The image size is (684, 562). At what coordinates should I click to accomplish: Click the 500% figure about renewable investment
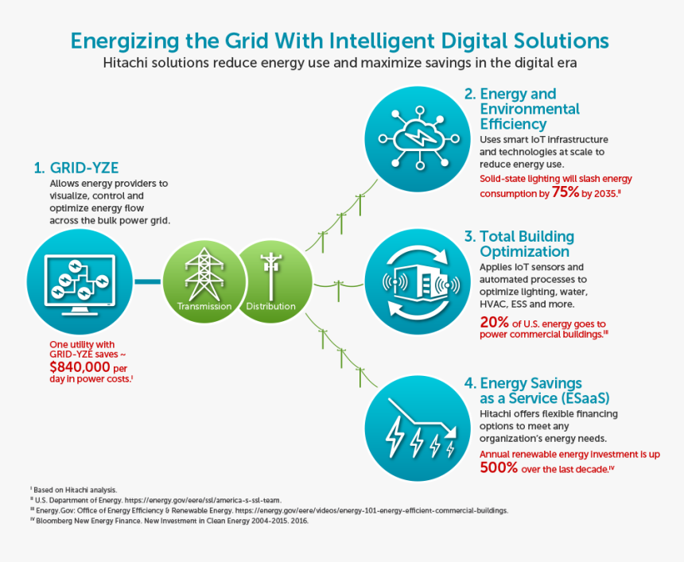499,467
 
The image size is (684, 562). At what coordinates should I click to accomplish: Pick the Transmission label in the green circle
204,306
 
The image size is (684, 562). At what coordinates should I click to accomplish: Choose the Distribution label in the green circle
270,306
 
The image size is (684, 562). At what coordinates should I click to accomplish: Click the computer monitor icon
82,282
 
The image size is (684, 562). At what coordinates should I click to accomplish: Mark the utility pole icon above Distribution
270,273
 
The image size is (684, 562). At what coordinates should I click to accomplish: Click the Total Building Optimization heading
525,244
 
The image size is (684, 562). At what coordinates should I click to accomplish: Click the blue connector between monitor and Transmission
148,282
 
